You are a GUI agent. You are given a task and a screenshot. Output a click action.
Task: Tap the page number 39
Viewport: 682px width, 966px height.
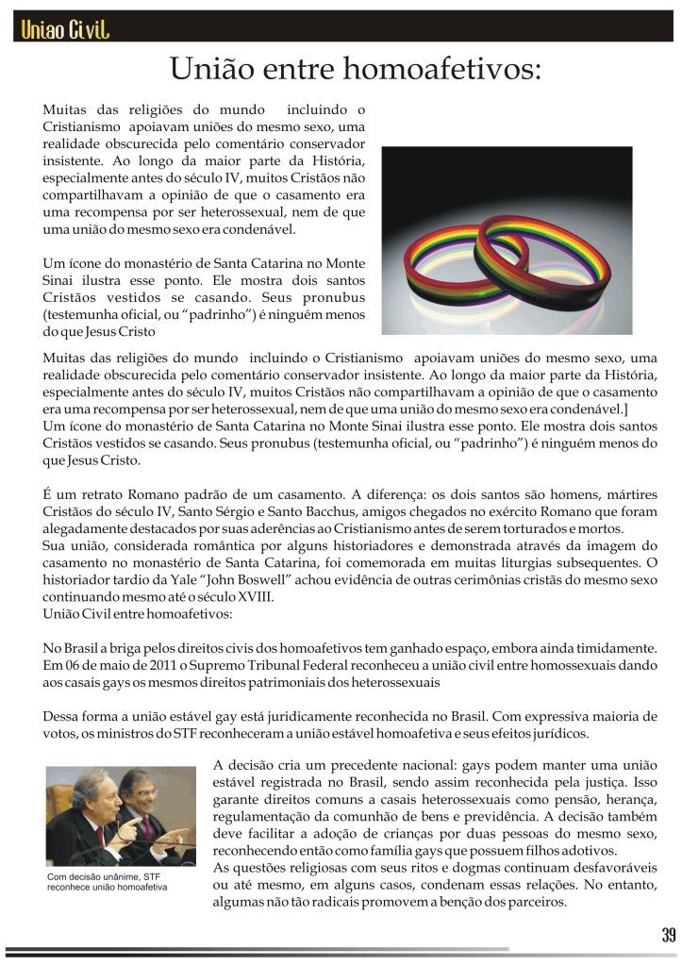coord(668,936)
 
